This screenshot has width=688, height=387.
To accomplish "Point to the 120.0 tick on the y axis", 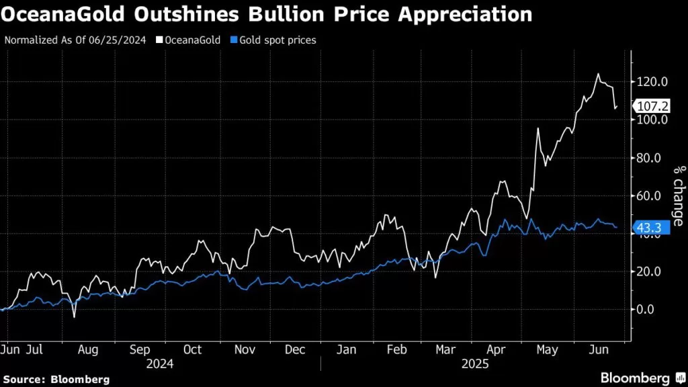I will click(653, 81).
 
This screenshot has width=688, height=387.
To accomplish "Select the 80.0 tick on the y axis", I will click(653, 158).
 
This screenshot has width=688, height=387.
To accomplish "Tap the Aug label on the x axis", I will click(88, 349).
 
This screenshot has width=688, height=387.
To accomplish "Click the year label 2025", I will click(475, 363).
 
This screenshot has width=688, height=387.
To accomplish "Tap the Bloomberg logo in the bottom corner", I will click(634, 378).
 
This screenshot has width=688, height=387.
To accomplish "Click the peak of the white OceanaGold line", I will click(597, 74).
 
